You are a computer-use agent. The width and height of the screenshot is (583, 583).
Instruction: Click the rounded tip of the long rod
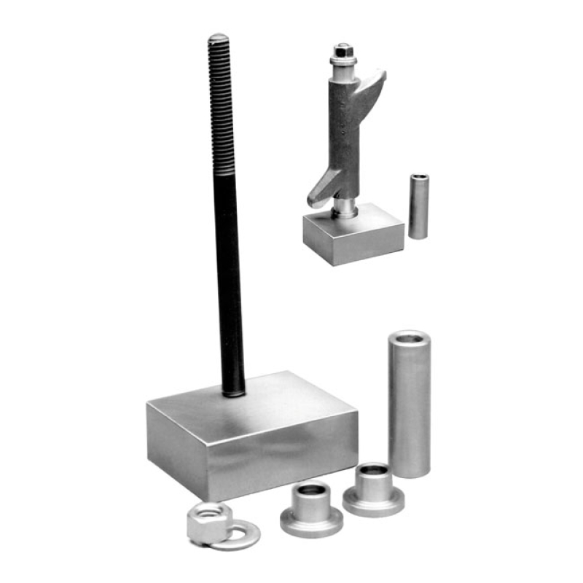218,38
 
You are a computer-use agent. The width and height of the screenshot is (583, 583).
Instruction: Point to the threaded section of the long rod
221,109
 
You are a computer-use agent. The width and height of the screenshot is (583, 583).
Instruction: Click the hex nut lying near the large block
208,523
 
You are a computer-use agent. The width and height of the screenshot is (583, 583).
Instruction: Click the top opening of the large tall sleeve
408,337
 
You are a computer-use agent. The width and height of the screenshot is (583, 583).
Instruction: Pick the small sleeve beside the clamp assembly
418,207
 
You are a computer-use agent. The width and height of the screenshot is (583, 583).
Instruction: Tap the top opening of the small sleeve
419,177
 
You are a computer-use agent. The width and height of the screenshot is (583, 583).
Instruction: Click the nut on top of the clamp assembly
342,52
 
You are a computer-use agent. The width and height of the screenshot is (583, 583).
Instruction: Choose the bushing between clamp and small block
344,208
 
